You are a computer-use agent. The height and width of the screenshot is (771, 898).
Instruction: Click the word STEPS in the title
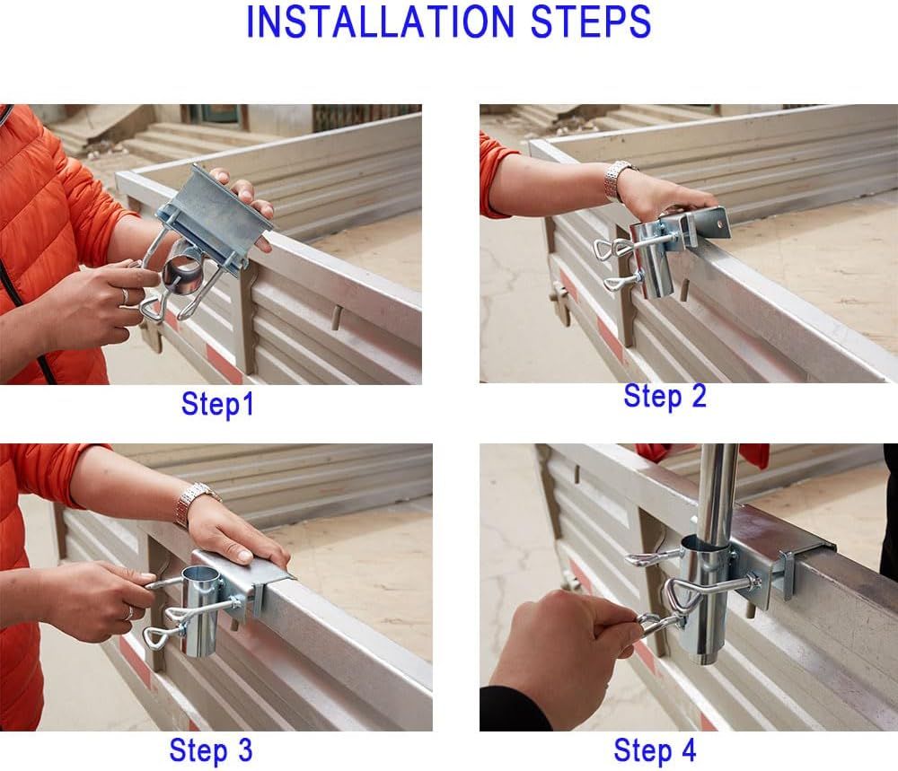(x=592, y=22)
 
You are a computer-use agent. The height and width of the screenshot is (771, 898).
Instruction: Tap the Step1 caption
(x=217, y=404)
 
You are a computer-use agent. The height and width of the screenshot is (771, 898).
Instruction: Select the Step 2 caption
(x=665, y=396)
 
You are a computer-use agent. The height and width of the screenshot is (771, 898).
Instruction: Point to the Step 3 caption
(x=211, y=749)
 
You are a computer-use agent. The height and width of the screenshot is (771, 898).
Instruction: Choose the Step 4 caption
(x=656, y=749)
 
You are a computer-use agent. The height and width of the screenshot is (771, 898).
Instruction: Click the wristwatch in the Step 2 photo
(x=618, y=180)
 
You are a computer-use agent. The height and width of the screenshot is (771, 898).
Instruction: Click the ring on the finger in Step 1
(x=125, y=296)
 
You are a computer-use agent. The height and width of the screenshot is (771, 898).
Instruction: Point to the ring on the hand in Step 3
(x=130, y=613)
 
